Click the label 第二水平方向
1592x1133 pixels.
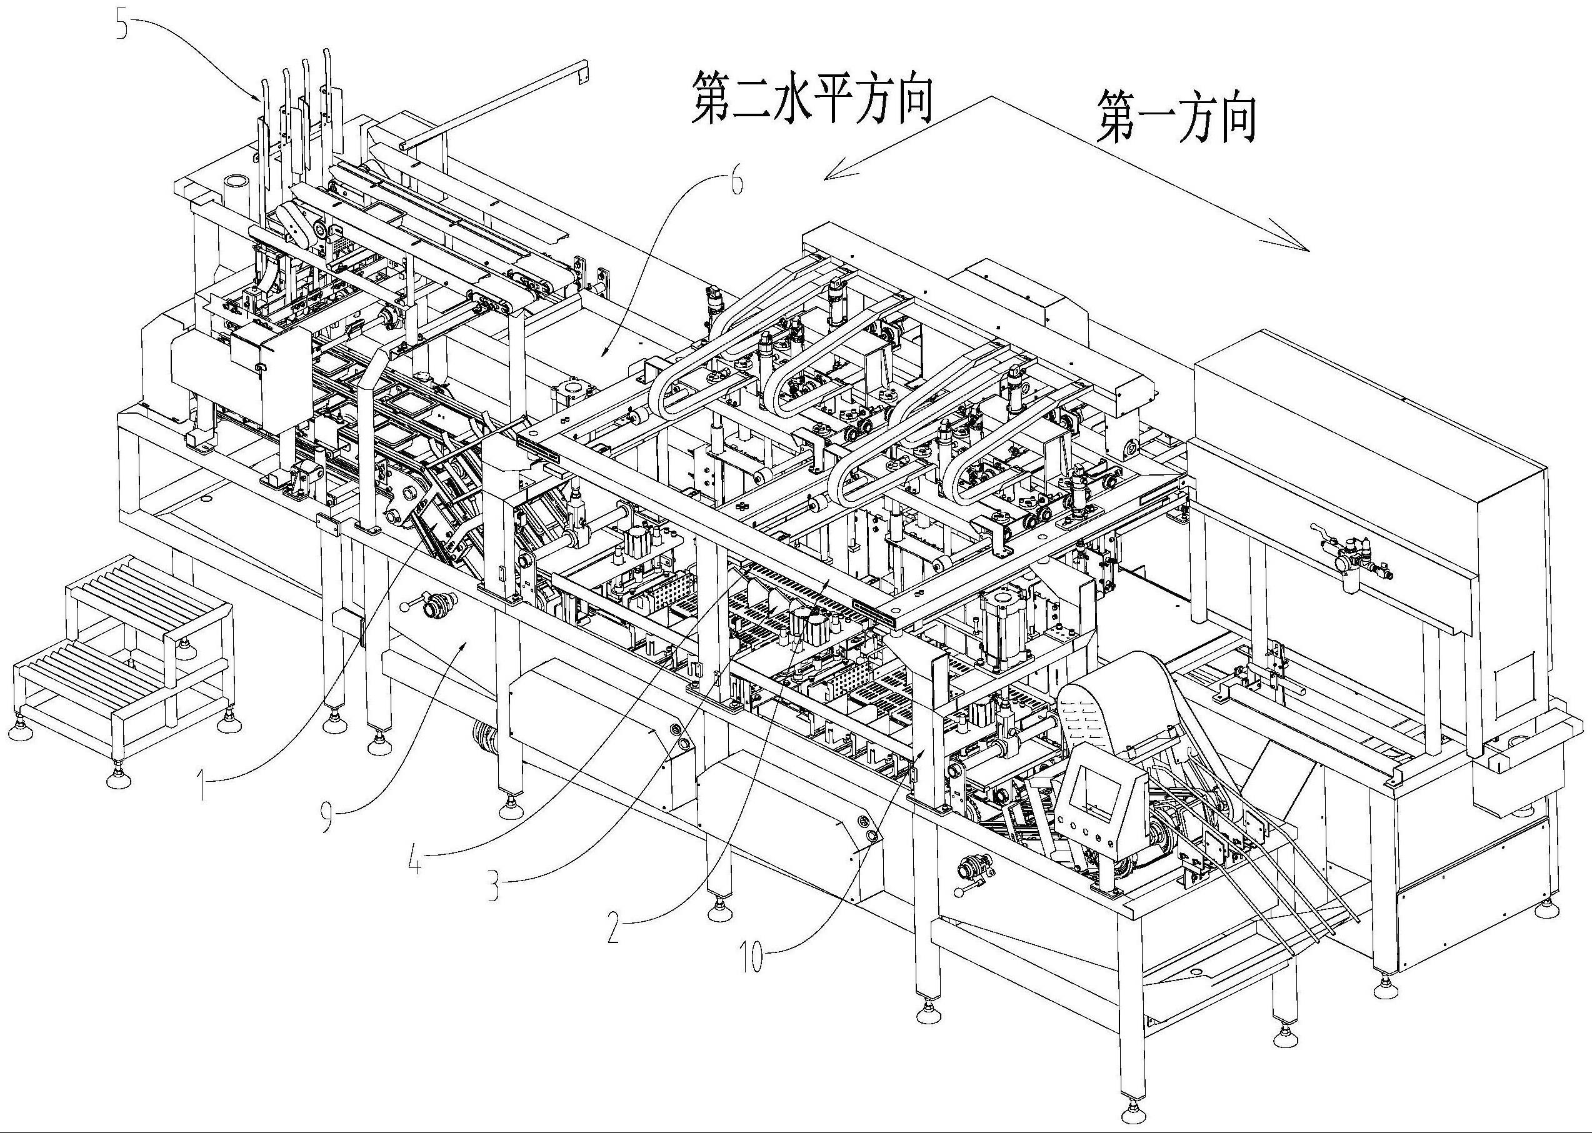pyautogui.click(x=811, y=100)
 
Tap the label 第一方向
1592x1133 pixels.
pyautogui.click(x=1176, y=119)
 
